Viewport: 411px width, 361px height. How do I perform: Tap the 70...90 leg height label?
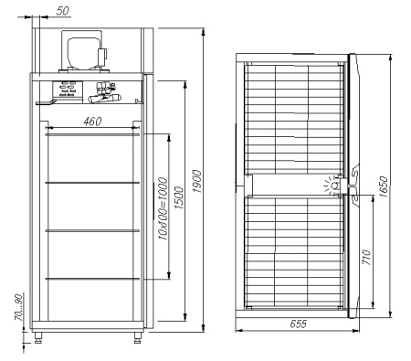click(12, 309)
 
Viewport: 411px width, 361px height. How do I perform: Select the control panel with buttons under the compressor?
click(68, 90)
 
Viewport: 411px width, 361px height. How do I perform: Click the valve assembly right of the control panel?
click(102, 93)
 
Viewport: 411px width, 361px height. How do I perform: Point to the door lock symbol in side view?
click(334, 186)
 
